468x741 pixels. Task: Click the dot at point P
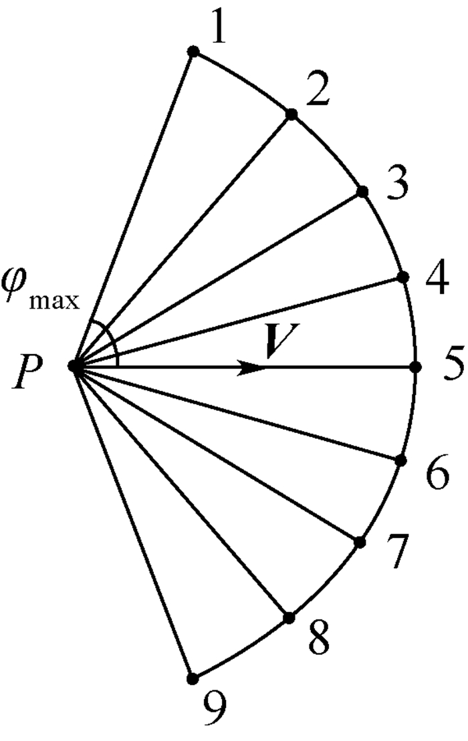(74, 365)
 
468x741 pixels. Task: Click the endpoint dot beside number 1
(193, 51)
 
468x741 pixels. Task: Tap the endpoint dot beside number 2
(291, 115)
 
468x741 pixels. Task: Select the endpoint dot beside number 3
(362, 192)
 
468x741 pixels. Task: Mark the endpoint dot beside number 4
(403, 277)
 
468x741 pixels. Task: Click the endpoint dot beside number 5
(415, 367)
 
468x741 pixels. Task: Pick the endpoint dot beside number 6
(401, 460)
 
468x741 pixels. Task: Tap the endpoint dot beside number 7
(360, 541)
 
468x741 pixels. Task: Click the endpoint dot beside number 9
(193, 678)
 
